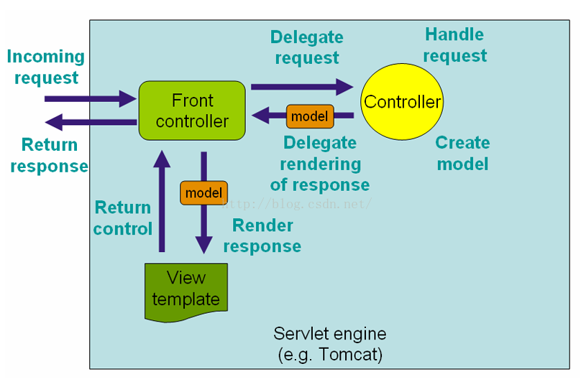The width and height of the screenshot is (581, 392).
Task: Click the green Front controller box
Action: pyautogui.click(x=192, y=111)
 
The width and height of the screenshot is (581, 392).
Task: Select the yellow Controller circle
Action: pyautogui.click(x=402, y=102)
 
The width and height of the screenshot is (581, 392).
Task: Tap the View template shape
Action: pyautogui.click(x=186, y=292)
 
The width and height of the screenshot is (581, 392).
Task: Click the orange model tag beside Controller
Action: pyautogui.click(x=310, y=116)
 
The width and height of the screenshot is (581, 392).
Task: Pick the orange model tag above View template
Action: pyautogui.click(x=203, y=192)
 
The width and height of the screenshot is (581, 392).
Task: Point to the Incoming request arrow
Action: pyautogui.click(x=91, y=99)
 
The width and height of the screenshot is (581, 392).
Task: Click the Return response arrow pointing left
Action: pyautogui.click(x=91, y=122)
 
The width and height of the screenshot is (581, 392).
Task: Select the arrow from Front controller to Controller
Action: pyautogui.click(x=302, y=87)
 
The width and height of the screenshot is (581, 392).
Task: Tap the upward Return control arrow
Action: pyautogui.click(x=162, y=201)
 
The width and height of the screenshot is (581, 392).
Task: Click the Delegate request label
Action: pyautogui.click(x=307, y=47)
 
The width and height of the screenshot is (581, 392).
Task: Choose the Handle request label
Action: pyautogui.click(x=454, y=45)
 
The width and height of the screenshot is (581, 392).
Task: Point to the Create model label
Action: pyautogui.click(x=463, y=153)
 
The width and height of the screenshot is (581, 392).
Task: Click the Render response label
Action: pyautogui.click(x=262, y=235)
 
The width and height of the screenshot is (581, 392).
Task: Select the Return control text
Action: pyautogui.click(x=123, y=218)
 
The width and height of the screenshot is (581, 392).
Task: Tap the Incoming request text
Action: pyautogui.click(x=46, y=67)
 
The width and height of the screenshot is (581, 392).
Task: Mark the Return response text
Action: pyautogui.click(x=50, y=155)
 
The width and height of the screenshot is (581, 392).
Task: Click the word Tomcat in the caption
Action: pyautogui.click(x=350, y=354)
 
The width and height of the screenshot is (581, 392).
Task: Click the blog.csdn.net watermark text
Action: pyautogui.click(x=297, y=204)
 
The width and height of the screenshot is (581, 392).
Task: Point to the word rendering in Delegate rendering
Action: pyautogui.click(x=321, y=164)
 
